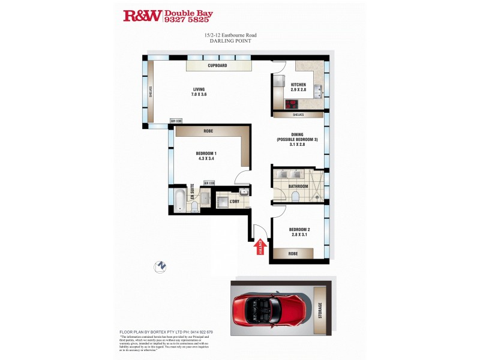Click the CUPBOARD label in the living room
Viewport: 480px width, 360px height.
click(x=217, y=65)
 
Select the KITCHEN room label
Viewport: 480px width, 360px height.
click(x=298, y=85)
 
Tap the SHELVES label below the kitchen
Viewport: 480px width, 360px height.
click(x=298, y=115)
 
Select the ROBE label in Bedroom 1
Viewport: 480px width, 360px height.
click(x=208, y=131)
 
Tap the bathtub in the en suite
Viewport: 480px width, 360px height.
click(x=179, y=199)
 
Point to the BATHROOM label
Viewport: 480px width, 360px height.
click(x=298, y=187)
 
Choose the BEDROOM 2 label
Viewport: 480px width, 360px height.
click(x=299, y=230)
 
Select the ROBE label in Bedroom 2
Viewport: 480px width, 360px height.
click(x=292, y=254)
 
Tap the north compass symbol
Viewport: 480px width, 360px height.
click(x=160, y=266)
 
